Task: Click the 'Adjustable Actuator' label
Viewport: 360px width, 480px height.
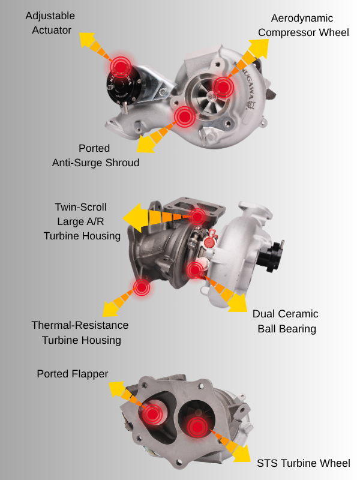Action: (50, 23)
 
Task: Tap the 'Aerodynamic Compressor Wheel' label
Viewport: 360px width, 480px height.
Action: (303, 25)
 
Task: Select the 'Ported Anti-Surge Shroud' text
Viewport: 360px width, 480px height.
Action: (95, 155)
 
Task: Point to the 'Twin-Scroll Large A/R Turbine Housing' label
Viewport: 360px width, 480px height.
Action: (82, 221)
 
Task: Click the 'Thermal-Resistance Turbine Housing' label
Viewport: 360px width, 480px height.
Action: (80, 332)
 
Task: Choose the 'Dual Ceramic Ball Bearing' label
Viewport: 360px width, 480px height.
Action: (286, 321)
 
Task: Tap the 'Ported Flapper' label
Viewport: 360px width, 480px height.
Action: (73, 374)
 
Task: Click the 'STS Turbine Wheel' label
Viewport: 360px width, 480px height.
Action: (304, 463)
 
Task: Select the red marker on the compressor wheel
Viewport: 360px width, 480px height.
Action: (223, 87)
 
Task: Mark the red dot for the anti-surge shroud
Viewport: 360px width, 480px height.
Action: (185, 116)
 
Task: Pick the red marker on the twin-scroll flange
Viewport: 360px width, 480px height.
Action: (197, 217)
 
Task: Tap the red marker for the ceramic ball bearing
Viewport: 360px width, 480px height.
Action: (195, 271)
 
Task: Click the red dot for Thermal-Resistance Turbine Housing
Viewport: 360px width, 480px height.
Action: (142, 287)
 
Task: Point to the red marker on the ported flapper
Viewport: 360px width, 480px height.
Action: (152, 414)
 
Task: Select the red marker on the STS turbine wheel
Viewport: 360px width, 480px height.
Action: (198, 427)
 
